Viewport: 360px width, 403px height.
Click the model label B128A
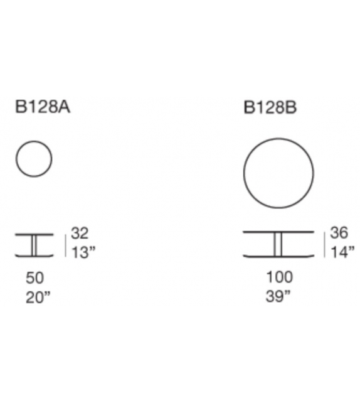(43, 107)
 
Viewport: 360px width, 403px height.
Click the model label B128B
(270, 107)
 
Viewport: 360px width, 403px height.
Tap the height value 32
(80, 233)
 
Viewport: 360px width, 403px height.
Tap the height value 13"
(83, 252)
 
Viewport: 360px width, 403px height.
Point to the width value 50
(34, 278)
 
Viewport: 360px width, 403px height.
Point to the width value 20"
(38, 298)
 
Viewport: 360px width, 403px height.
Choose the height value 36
(339, 233)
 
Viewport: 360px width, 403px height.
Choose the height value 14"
(342, 252)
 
